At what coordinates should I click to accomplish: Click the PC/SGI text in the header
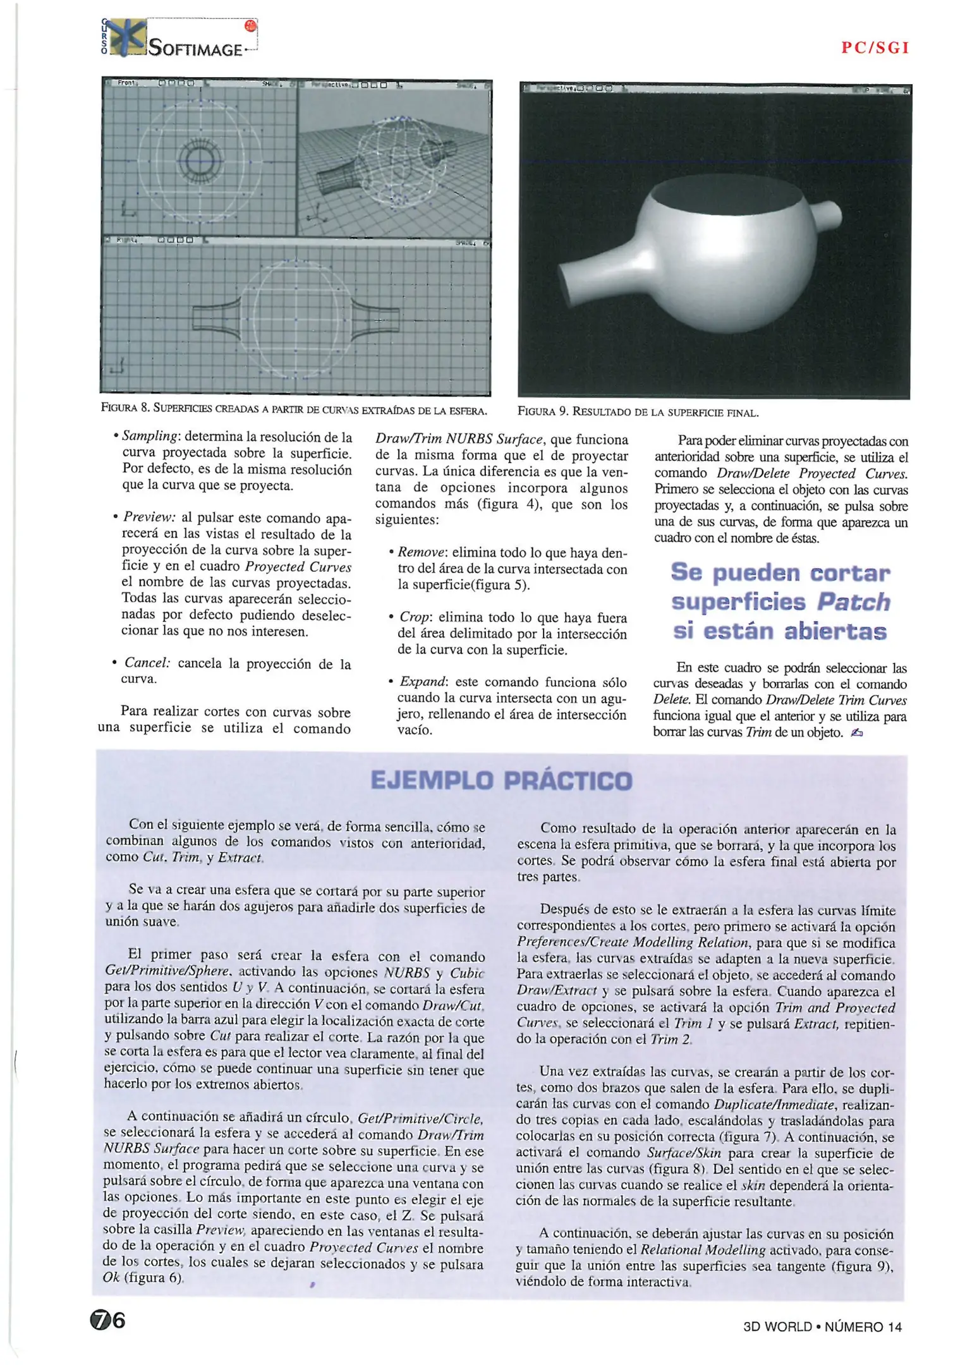point(875,48)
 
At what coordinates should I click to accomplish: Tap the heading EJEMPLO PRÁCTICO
point(501,780)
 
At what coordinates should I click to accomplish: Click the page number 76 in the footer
point(108,1321)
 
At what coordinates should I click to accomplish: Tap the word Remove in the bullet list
point(422,552)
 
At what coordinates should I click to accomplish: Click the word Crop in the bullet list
point(415,617)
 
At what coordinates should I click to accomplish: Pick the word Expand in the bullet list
point(423,681)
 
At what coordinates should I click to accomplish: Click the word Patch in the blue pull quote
point(854,602)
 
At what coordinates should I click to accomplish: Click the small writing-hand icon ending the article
point(857,732)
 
